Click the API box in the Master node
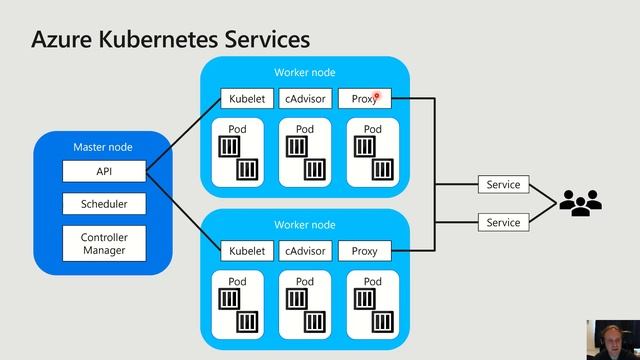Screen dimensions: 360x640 tap(104, 172)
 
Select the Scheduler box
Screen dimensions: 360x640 tap(104, 204)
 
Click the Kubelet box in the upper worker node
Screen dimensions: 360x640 tap(247, 99)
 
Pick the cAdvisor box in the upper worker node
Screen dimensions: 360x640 tap(305, 99)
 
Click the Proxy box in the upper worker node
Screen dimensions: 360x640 tap(364, 99)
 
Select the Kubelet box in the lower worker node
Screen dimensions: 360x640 tap(247, 251)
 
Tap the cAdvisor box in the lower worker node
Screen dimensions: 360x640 tap(305, 251)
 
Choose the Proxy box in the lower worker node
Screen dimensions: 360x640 tap(364, 251)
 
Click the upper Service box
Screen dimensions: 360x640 tap(503, 185)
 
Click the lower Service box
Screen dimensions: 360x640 tap(503, 222)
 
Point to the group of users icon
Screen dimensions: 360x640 tap(580, 203)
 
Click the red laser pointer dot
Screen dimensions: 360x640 tap(376, 97)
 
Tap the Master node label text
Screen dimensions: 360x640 tap(103, 147)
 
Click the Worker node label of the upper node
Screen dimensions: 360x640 tap(305, 72)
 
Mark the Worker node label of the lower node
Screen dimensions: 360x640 tap(305, 225)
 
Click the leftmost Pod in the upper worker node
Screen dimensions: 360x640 tap(237, 152)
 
